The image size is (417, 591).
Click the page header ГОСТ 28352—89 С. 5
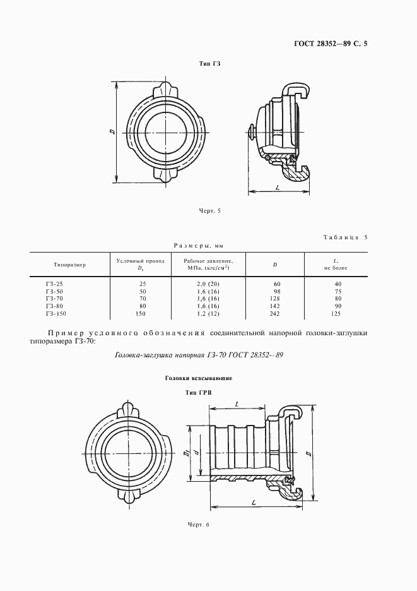pos(331,44)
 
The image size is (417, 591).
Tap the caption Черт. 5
pos(210,211)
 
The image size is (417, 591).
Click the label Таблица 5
pos(344,237)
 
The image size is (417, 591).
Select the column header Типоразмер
pos(69,264)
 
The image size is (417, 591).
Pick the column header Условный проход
pos(141,260)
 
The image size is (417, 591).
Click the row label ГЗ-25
pos(54,284)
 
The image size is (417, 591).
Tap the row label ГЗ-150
pos(56,313)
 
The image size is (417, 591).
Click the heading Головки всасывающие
pos(199,378)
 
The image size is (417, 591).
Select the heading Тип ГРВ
pos(197,392)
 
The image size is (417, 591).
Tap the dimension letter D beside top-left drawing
pos(111,132)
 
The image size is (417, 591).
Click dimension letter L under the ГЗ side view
pos(278,188)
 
